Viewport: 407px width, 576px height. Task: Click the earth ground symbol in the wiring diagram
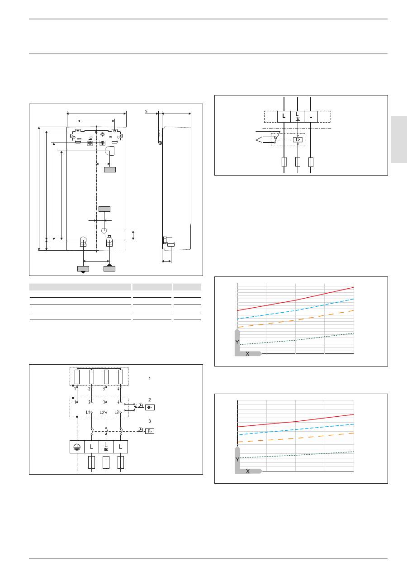77,447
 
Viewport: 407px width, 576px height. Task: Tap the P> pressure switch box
150,430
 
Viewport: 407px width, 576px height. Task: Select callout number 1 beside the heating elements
149,378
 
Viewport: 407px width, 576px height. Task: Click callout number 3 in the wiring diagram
149,421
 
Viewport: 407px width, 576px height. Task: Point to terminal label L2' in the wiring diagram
103,412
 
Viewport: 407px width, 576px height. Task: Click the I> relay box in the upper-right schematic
298,140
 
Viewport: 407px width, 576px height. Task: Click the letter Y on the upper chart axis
237,343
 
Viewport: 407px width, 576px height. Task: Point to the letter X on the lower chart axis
247,471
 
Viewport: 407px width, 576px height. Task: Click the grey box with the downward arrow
83,268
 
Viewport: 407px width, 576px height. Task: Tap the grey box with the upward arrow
109,268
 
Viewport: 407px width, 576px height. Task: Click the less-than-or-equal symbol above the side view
146,110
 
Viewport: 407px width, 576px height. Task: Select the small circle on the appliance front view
104,230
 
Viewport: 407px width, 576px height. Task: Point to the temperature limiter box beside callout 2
150,407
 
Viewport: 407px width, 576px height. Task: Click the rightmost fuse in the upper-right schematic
311,162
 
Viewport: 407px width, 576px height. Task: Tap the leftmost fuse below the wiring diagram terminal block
92,462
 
